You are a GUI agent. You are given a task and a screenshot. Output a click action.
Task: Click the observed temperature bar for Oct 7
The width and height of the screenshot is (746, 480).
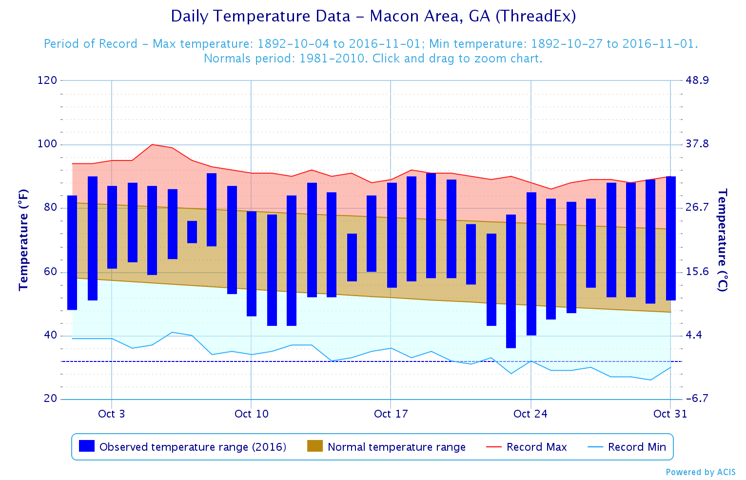click(x=192, y=232)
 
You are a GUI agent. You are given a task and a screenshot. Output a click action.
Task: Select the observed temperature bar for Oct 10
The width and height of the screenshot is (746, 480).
click(x=252, y=263)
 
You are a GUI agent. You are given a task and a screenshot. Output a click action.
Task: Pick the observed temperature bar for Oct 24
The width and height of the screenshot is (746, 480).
click(x=531, y=263)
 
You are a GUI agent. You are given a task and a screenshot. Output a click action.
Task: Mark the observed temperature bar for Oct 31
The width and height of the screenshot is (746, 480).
click(x=671, y=238)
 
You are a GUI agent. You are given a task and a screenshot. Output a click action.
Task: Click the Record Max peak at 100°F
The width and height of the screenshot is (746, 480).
click(x=152, y=144)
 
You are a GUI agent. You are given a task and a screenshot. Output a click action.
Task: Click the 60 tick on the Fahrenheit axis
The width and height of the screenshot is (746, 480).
click(x=51, y=272)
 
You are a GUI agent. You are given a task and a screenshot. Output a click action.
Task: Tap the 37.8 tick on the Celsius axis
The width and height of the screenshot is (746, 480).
click(x=697, y=144)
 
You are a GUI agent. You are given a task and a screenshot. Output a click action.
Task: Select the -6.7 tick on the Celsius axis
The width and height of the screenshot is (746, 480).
click(x=697, y=399)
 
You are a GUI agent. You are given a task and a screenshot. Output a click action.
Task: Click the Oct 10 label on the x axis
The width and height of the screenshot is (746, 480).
click(x=251, y=414)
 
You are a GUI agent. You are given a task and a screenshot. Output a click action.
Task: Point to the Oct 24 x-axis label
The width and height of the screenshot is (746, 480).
click(x=530, y=414)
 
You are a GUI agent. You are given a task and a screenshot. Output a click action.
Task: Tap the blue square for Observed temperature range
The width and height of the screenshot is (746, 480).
click(x=87, y=446)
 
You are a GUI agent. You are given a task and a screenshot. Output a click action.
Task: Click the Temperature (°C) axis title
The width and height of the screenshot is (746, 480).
click(x=722, y=240)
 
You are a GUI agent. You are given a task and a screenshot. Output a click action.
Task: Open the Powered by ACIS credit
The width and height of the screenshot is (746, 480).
click(x=700, y=472)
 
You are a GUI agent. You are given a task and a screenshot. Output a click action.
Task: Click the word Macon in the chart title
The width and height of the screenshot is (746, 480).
click(x=391, y=16)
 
